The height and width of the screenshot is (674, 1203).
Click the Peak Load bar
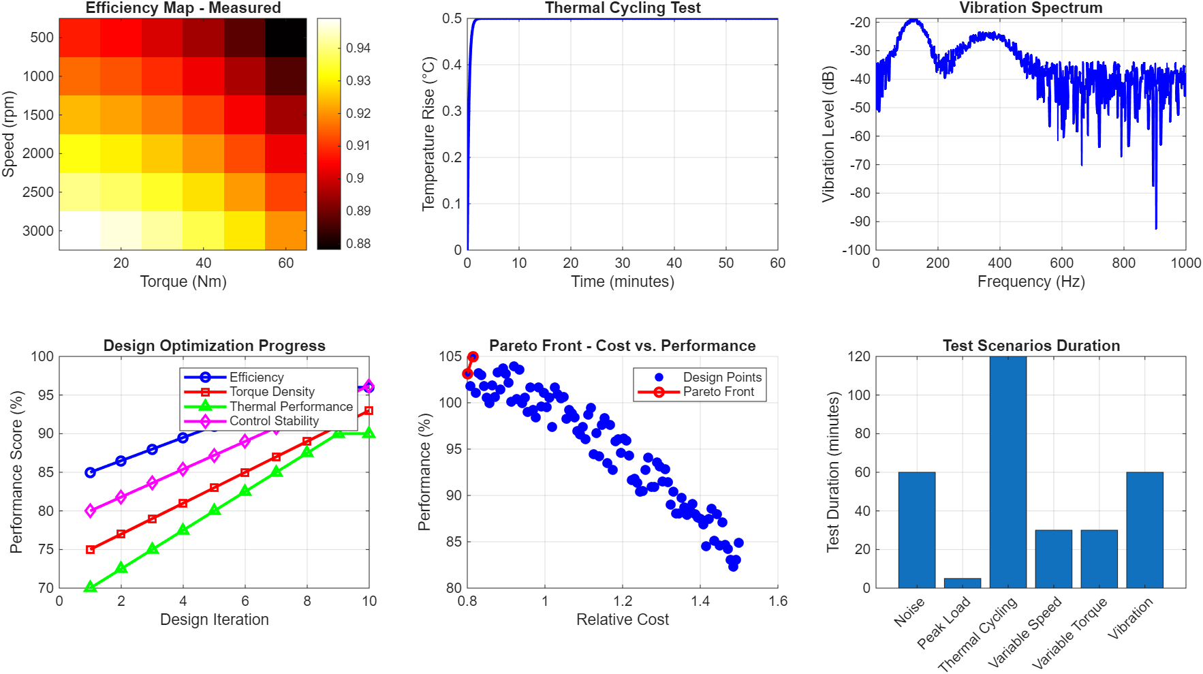(x=962, y=583)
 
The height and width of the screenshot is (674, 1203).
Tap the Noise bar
(x=916, y=530)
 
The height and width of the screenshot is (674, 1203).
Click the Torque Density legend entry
(x=272, y=392)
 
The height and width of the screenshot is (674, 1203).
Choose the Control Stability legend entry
(x=274, y=421)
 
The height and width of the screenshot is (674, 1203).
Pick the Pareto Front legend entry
(x=718, y=392)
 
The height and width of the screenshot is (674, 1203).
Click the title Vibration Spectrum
(x=1030, y=8)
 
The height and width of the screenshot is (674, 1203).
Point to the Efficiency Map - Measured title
(x=183, y=8)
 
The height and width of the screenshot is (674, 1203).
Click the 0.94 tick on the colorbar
(x=358, y=48)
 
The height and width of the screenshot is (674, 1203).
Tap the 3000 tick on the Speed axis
(x=38, y=231)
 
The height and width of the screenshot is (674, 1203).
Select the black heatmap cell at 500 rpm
(x=285, y=37)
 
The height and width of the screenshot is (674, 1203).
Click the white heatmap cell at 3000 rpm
(x=80, y=230)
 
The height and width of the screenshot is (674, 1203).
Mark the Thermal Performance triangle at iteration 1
(x=90, y=587)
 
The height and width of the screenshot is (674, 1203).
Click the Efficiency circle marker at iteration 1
(x=90, y=472)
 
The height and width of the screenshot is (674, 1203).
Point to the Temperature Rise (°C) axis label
(x=428, y=134)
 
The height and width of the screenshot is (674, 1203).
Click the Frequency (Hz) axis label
(x=1030, y=281)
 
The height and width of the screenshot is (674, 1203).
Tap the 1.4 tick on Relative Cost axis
(x=700, y=601)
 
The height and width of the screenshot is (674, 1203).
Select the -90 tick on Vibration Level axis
(x=860, y=221)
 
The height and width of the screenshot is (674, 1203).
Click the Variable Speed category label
(x=1025, y=631)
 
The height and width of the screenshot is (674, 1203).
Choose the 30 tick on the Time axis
(x=622, y=263)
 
